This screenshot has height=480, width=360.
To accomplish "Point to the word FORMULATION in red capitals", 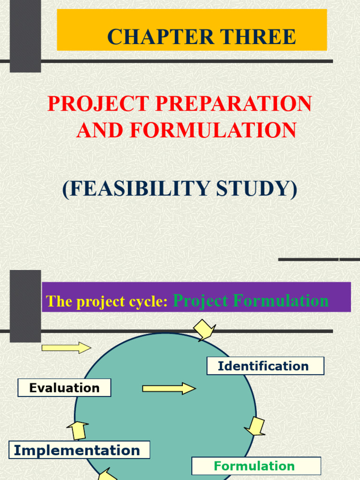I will point(213,130).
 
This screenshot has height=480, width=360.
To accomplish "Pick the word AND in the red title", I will point(97,130).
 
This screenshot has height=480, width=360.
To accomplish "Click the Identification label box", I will point(265,366).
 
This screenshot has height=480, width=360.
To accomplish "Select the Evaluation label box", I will point(64,388).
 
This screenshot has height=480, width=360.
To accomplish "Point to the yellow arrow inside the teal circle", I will point(169,388).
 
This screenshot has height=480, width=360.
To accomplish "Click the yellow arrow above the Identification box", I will point(204,330).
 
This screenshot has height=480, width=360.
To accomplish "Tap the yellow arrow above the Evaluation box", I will point(66,348).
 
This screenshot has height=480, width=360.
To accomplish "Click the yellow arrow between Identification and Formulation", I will point(255,426).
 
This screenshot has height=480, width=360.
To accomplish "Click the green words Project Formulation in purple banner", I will point(251,300).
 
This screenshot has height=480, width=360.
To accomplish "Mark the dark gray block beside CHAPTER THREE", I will point(25,36).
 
